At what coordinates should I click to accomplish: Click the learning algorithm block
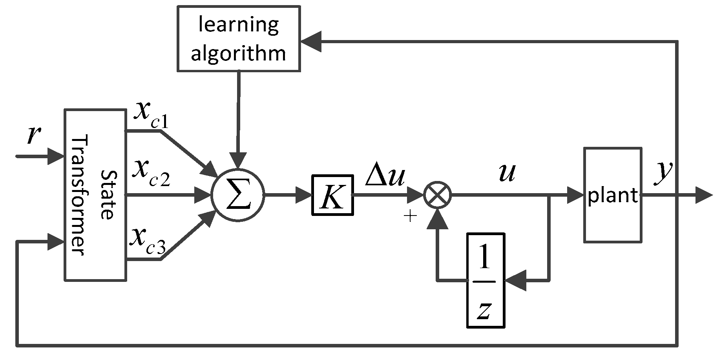point(239,38)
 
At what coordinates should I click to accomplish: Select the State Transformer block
point(95,195)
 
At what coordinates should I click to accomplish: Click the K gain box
point(332,195)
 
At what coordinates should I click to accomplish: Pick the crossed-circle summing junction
point(438,195)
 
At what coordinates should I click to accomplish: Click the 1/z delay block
point(486,280)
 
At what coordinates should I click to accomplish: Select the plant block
point(613,195)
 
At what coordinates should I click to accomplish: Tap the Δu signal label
point(385,177)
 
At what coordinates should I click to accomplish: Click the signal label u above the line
point(506,173)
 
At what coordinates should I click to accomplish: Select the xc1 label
point(151,116)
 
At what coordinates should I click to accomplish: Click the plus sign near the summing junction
point(410,216)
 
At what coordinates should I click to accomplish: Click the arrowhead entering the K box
point(304,195)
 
